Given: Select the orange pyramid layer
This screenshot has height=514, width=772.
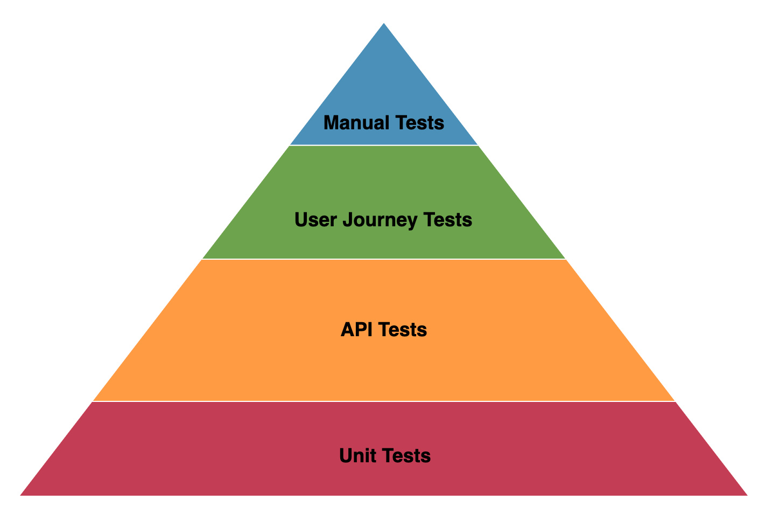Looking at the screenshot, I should click(384, 366).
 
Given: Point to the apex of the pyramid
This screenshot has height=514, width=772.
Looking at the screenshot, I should click(384, 24).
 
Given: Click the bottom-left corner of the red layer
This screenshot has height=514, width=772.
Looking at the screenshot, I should click(22, 494).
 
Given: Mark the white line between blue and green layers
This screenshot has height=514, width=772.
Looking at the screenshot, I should click(384, 145).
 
